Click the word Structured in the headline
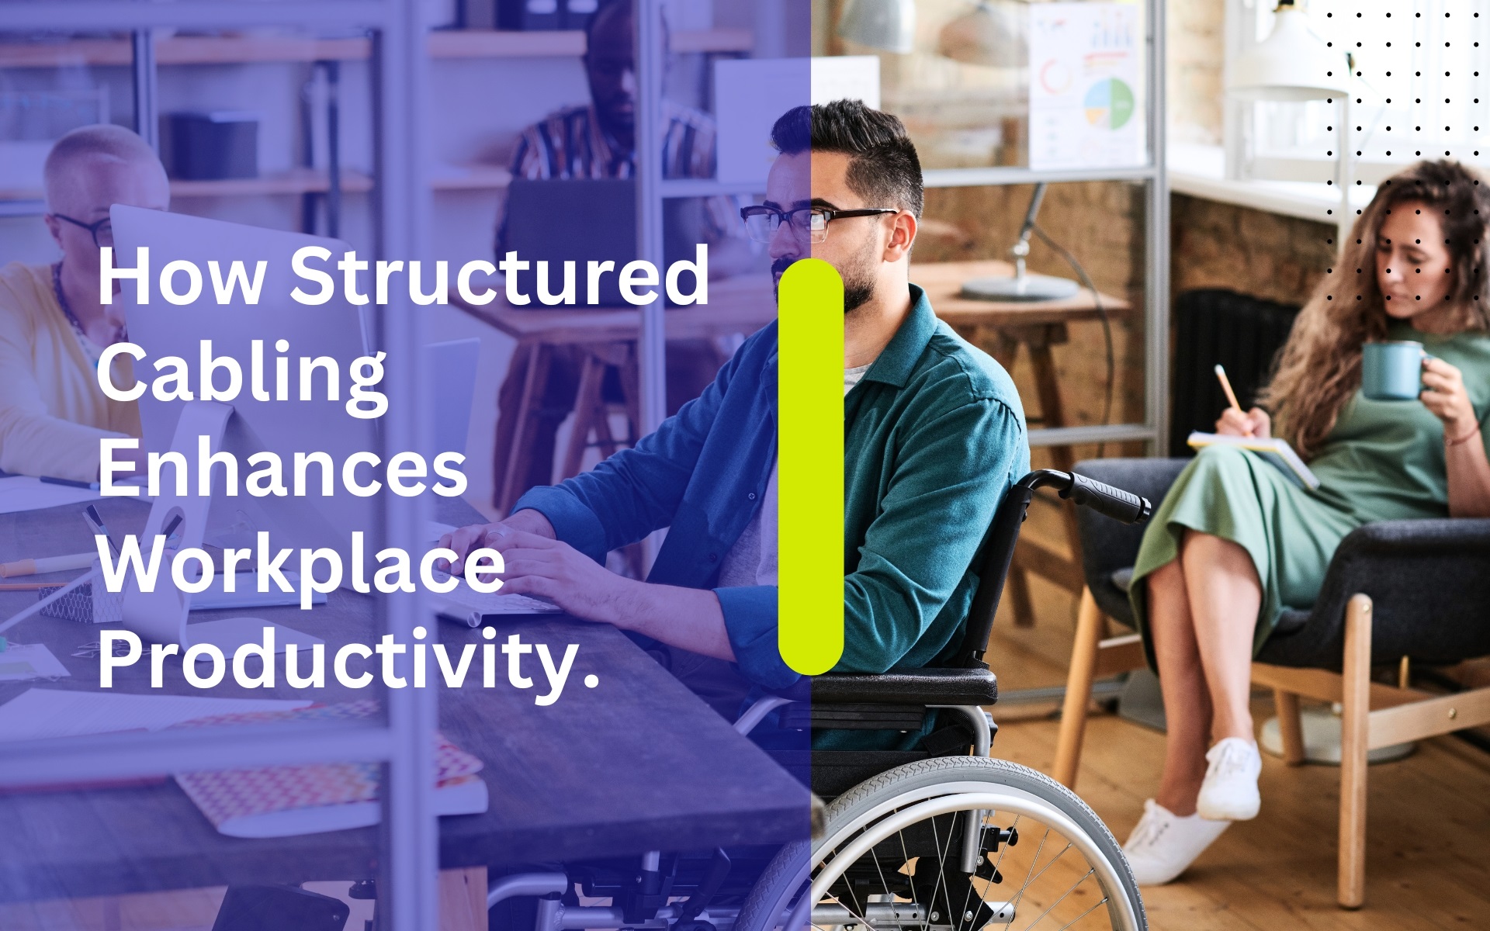point(500,275)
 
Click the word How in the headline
point(182,276)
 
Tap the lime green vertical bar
point(811,466)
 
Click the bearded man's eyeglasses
point(815,220)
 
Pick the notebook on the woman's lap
point(1253,458)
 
